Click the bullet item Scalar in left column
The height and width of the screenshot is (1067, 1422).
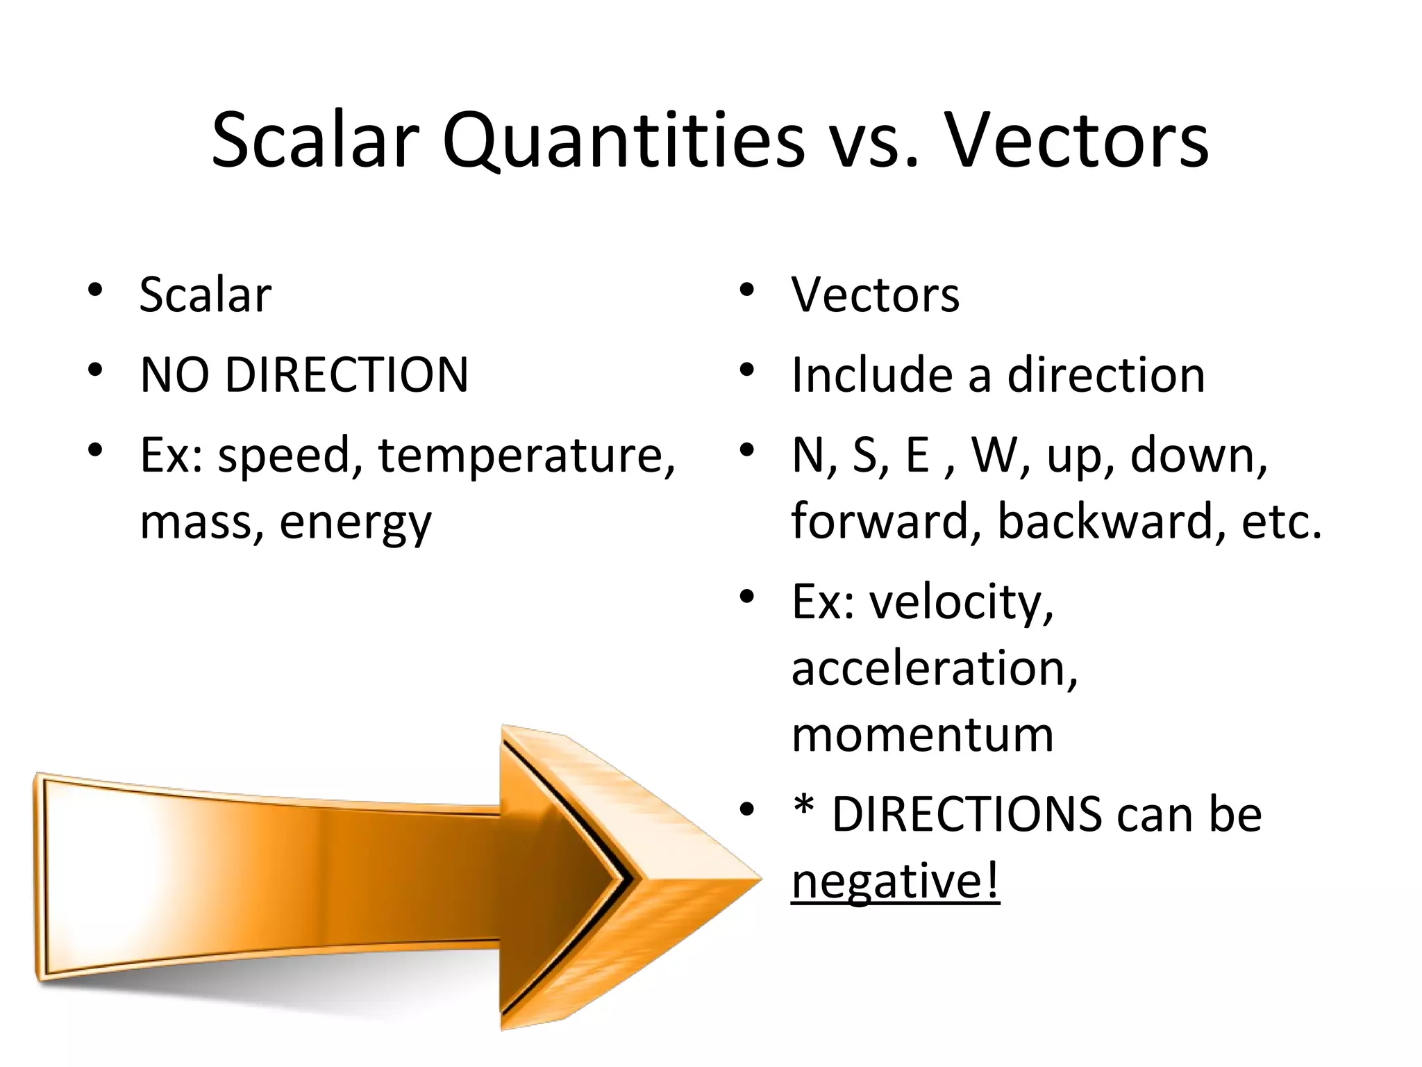[x=205, y=295]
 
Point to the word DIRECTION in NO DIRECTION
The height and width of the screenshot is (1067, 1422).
[x=346, y=375]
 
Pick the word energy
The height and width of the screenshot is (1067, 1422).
[x=355, y=522]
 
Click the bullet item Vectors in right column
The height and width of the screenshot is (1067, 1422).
[x=875, y=295]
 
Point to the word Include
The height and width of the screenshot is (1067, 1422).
[x=871, y=375]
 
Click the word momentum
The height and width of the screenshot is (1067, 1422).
[x=922, y=735]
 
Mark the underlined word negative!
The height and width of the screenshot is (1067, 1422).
[x=894, y=881]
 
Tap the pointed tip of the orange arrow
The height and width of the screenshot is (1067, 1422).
[x=760, y=879]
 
